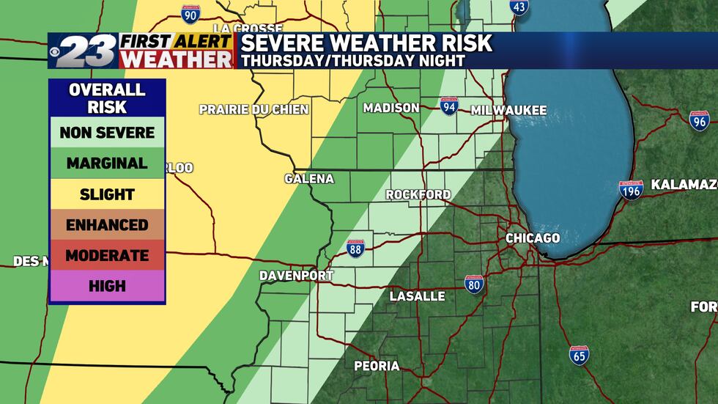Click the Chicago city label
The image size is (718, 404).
click(533, 238)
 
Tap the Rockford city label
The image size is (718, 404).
click(418, 194)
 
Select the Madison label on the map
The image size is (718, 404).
click(391, 108)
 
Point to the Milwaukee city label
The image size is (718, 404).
click(508, 110)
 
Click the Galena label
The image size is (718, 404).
click(309, 179)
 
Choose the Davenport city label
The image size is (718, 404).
click(296, 276)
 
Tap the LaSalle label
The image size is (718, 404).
click(417, 296)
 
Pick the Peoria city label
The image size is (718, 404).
click(377, 366)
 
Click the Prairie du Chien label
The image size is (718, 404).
click(253, 109)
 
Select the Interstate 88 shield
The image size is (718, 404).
click(355, 248)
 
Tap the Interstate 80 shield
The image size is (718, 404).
click(474, 284)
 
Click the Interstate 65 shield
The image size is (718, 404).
click(579, 356)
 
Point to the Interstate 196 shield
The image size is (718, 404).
click(631, 190)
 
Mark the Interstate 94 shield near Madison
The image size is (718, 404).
click(450, 106)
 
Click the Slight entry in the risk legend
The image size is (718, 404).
click(107, 194)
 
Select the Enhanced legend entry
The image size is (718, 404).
click(107, 225)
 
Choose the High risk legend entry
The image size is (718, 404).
click(107, 286)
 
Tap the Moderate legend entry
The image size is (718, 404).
click(107, 256)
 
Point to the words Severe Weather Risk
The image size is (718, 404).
click(366, 43)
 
